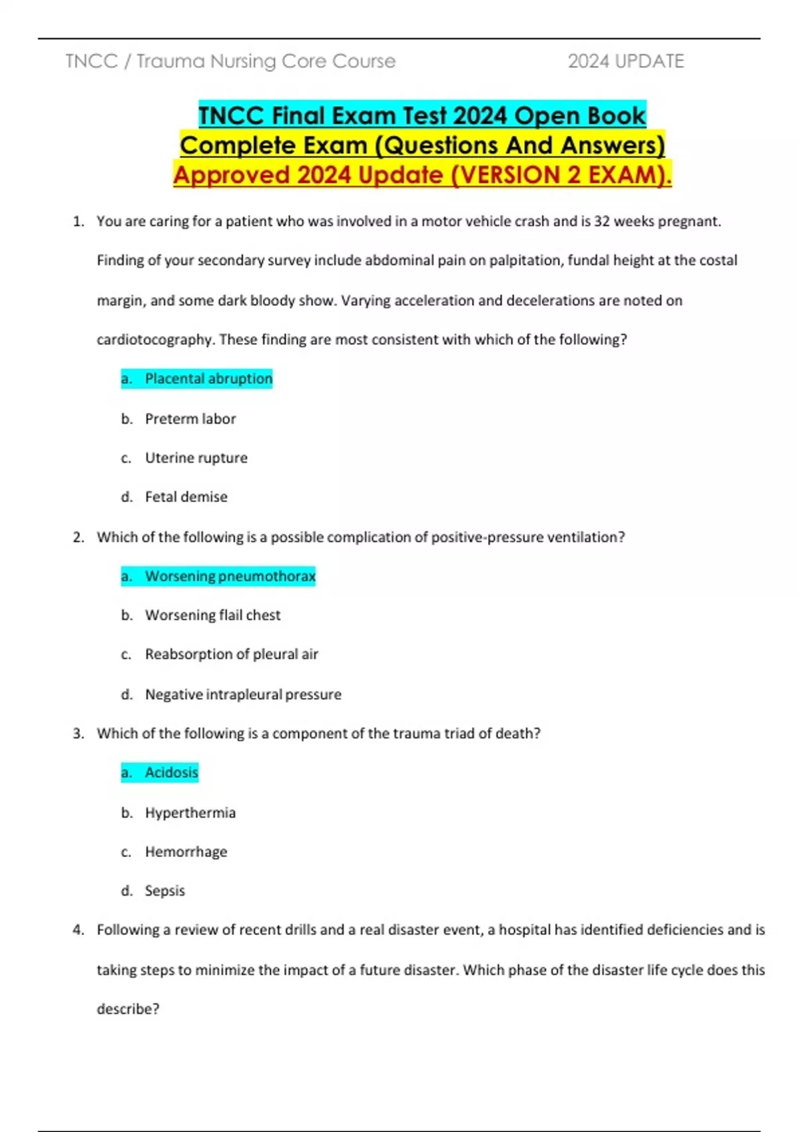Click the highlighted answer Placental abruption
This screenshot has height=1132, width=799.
click(208, 379)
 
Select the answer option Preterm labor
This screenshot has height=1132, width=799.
click(190, 419)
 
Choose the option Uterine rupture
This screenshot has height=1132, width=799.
click(196, 458)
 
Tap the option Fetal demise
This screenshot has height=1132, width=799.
click(186, 497)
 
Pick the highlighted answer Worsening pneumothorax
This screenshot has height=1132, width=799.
click(230, 576)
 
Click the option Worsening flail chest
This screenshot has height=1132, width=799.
click(212, 615)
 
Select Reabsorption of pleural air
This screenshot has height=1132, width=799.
click(231, 655)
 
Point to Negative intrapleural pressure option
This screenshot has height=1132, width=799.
click(243, 695)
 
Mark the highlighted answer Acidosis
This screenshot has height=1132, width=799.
click(171, 772)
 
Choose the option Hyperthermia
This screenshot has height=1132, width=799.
click(190, 813)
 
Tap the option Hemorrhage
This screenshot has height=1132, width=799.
click(186, 852)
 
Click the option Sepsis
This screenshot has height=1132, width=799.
click(164, 891)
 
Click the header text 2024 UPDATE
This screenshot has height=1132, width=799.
click(625, 61)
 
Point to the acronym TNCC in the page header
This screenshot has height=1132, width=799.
click(91, 61)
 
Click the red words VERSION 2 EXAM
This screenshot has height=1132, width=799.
click(559, 175)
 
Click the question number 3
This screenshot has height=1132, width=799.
click(79, 734)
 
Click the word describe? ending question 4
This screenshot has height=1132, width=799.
click(128, 1009)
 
